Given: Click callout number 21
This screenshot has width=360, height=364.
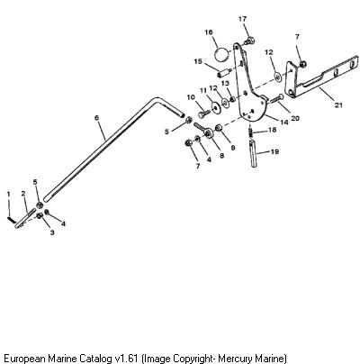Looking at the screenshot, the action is (x=338, y=105).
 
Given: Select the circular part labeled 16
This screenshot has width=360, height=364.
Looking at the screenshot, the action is (x=222, y=54).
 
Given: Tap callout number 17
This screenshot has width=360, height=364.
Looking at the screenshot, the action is (x=242, y=19).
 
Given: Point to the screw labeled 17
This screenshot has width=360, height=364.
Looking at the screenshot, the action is (x=249, y=41).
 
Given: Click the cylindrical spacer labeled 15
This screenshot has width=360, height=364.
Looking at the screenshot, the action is (x=224, y=73).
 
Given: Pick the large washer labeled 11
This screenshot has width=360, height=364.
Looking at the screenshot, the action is (x=214, y=106).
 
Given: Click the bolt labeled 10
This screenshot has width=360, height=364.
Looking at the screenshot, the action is (x=204, y=114).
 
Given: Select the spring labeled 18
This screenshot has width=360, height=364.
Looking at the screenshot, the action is (x=251, y=131).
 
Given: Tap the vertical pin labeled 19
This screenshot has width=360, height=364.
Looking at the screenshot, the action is (x=254, y=152).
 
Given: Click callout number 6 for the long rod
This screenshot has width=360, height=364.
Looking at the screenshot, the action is (x=96, y=118).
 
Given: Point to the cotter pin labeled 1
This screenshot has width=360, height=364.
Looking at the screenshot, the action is (x=10, y=219).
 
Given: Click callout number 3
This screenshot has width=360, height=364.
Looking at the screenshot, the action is (x=52, y=232).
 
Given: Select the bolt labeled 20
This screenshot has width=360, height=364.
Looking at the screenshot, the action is (x=277, y=99).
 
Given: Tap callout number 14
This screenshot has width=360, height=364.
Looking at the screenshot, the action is (x=283, y=123).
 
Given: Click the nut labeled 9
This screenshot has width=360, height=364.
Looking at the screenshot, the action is (x=219, y=128).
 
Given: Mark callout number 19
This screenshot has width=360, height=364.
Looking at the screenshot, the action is (x=274, y=151).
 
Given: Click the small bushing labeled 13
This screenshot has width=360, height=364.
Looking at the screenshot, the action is (x=232, y=98).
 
